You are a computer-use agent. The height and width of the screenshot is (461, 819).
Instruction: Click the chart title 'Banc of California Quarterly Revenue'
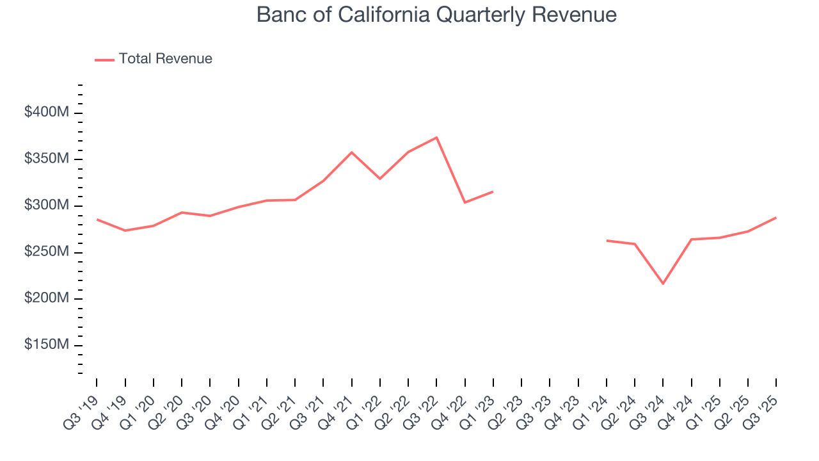[436, 15]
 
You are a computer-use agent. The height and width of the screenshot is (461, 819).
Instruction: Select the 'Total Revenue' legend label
[165, 59]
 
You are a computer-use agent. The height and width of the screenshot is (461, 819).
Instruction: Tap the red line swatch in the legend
[104, 60]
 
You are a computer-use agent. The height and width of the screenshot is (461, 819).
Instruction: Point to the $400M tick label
[47, 113]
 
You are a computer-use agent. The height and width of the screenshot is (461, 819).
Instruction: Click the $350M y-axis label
[47, 159]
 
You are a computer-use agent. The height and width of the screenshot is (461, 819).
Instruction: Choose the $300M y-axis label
[47, 206]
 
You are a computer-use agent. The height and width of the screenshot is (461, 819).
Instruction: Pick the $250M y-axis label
[47, 252]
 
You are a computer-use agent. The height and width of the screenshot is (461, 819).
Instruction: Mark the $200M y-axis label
[47, 298]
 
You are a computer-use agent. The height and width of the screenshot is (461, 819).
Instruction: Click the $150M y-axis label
[47, 345]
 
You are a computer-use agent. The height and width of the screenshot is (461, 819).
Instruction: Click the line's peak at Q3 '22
[436, 137]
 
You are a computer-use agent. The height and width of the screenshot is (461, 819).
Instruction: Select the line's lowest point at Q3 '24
[663, 284]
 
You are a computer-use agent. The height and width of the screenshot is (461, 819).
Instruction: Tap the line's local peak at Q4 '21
[351, 152]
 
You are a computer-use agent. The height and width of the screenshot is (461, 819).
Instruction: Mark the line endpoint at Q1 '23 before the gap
[493, 191]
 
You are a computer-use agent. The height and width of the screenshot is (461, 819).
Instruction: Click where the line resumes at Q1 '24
[607, 241]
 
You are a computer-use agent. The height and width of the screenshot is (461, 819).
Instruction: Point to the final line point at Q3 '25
[776, 218]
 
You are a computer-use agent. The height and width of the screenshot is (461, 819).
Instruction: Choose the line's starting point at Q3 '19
[97, 220]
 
